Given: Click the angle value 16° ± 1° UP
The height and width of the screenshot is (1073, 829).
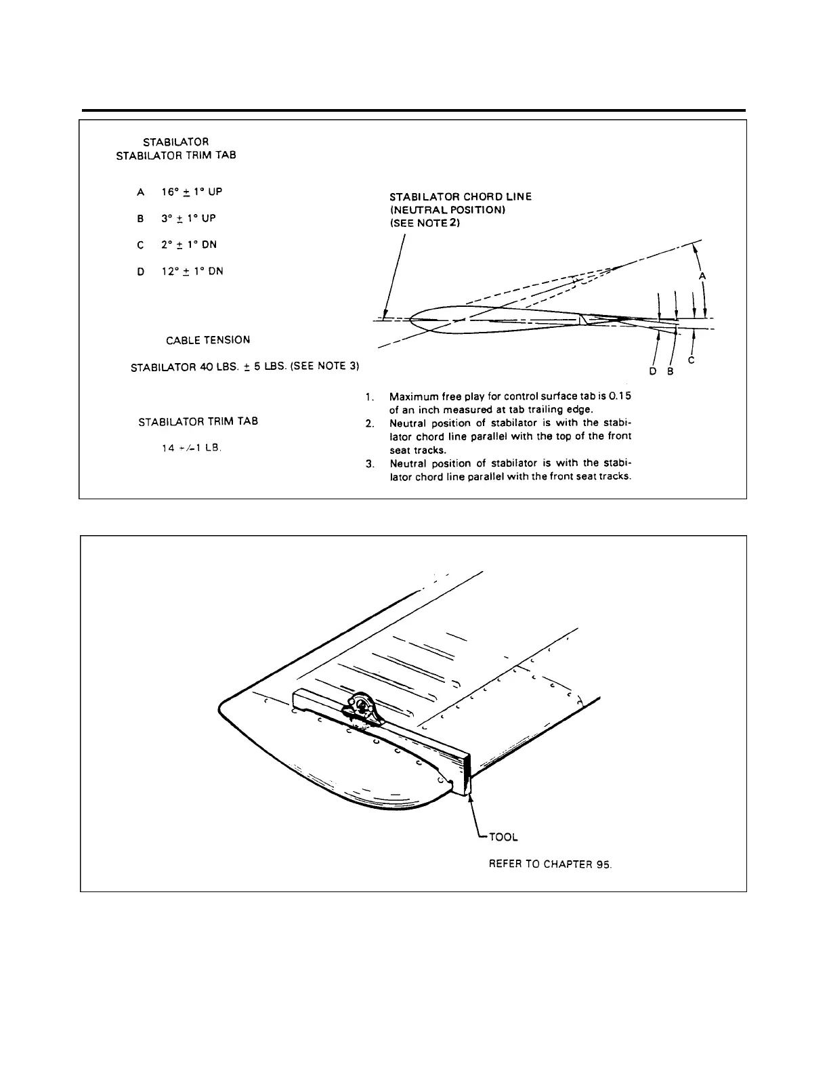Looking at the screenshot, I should (192, 192).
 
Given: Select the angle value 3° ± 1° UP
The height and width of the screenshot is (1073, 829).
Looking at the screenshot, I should (188, 219).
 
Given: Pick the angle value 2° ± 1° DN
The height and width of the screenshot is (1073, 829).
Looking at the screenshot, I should (189, 245).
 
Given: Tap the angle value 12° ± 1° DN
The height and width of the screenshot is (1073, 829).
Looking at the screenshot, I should (192, 272).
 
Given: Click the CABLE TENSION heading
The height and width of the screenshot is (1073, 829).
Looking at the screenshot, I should (208, 340).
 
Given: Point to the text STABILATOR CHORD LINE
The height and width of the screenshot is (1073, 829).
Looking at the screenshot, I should (461, 196).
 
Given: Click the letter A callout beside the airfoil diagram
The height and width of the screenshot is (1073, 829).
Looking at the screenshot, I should (702, 276).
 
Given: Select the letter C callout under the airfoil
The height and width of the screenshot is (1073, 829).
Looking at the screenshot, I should (691, 361).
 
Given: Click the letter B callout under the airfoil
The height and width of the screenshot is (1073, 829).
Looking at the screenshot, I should (669, 371).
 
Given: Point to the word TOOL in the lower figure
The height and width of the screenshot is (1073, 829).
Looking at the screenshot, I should (503, 837).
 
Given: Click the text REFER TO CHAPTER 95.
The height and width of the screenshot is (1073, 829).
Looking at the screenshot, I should (550, 865).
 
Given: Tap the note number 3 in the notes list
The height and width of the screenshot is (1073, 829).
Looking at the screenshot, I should (368, 464).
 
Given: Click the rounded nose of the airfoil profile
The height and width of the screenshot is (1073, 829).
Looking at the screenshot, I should (414, 320).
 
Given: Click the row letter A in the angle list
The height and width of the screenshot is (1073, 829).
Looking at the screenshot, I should (141, 192).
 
